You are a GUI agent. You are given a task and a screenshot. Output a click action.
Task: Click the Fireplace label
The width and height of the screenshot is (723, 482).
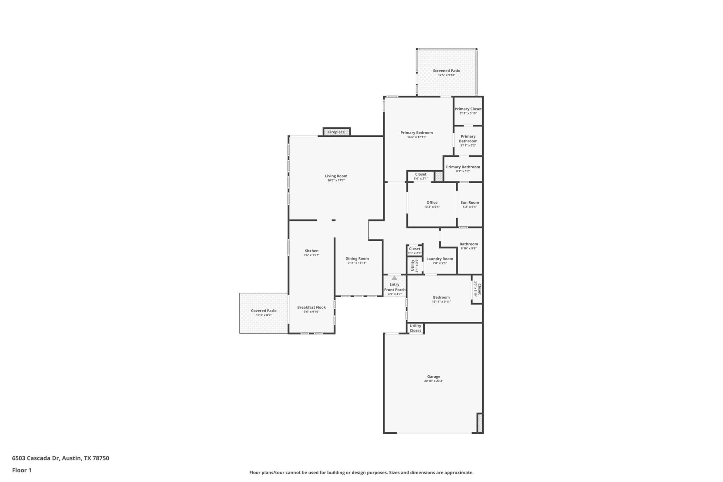point(336,132)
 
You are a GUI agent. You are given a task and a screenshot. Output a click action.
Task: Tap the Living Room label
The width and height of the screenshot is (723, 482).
point(336,176)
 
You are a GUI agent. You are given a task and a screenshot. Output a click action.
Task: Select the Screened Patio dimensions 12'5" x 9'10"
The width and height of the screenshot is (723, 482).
point(447,75)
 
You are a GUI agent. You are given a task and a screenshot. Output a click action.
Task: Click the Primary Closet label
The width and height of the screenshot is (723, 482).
point(468,109)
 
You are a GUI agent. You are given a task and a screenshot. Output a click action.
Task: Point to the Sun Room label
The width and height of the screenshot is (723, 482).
point(470,202)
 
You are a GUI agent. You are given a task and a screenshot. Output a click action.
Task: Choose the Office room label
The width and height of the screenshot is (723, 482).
point(432,202)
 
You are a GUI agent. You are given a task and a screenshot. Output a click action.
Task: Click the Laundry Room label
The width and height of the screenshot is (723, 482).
point(440,259)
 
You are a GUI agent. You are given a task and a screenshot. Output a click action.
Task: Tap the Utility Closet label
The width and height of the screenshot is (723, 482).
point(415,328)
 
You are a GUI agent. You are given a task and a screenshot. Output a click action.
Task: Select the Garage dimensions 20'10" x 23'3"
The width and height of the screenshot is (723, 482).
point(434,381)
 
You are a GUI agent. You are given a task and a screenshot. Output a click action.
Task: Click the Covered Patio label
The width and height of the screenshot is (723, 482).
point(264,311)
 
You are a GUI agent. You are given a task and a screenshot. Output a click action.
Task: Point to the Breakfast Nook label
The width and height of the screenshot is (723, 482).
point(311,307)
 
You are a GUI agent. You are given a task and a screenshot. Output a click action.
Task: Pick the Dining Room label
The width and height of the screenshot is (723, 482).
point(357,258)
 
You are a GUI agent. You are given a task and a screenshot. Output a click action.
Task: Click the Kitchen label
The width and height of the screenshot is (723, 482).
point(311,251)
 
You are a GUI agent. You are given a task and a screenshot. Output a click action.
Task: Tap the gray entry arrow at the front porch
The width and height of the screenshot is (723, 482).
point(394,278)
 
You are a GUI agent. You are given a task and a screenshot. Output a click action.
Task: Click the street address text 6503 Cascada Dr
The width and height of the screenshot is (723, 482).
point(35,458)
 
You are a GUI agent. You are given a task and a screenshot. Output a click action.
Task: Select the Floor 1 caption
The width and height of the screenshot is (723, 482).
point(22,470)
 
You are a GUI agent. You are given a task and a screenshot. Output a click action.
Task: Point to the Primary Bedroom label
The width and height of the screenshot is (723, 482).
point(417,133)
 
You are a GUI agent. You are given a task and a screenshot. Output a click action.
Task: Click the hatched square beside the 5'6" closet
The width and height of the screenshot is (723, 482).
point(438,176)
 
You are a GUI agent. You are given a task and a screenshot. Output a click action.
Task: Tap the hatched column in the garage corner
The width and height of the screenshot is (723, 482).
point(480,423)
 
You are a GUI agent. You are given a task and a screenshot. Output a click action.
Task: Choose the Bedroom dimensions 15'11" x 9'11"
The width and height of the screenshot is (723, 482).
point(441,302)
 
